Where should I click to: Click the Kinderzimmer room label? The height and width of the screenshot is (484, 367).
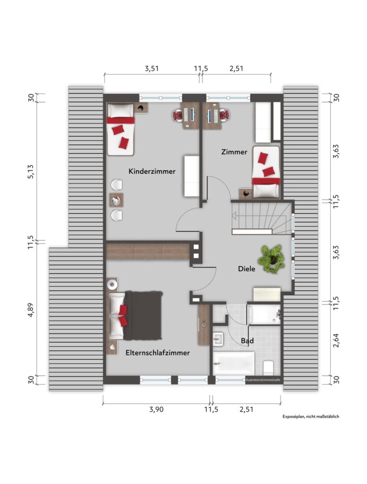pos(152,171)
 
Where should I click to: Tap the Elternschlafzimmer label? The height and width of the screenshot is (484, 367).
pos(157,353)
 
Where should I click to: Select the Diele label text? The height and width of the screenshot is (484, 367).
pos(246,269)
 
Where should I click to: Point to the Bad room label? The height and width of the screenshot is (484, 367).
pos(247,341)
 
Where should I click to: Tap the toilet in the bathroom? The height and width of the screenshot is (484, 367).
pos(268,367)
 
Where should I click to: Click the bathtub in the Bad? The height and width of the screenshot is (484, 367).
pos(233,363)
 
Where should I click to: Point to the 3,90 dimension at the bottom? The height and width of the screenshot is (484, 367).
pos(156,410)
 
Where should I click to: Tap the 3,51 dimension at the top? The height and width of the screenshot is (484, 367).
pos(151,68)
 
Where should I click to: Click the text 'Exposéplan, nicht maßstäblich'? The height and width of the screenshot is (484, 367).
pos(311,416)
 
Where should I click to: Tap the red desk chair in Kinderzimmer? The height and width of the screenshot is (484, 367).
pos(177,116)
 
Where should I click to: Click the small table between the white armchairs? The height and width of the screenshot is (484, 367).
pos(117,200)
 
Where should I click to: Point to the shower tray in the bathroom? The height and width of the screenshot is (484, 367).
pos(265,315)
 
